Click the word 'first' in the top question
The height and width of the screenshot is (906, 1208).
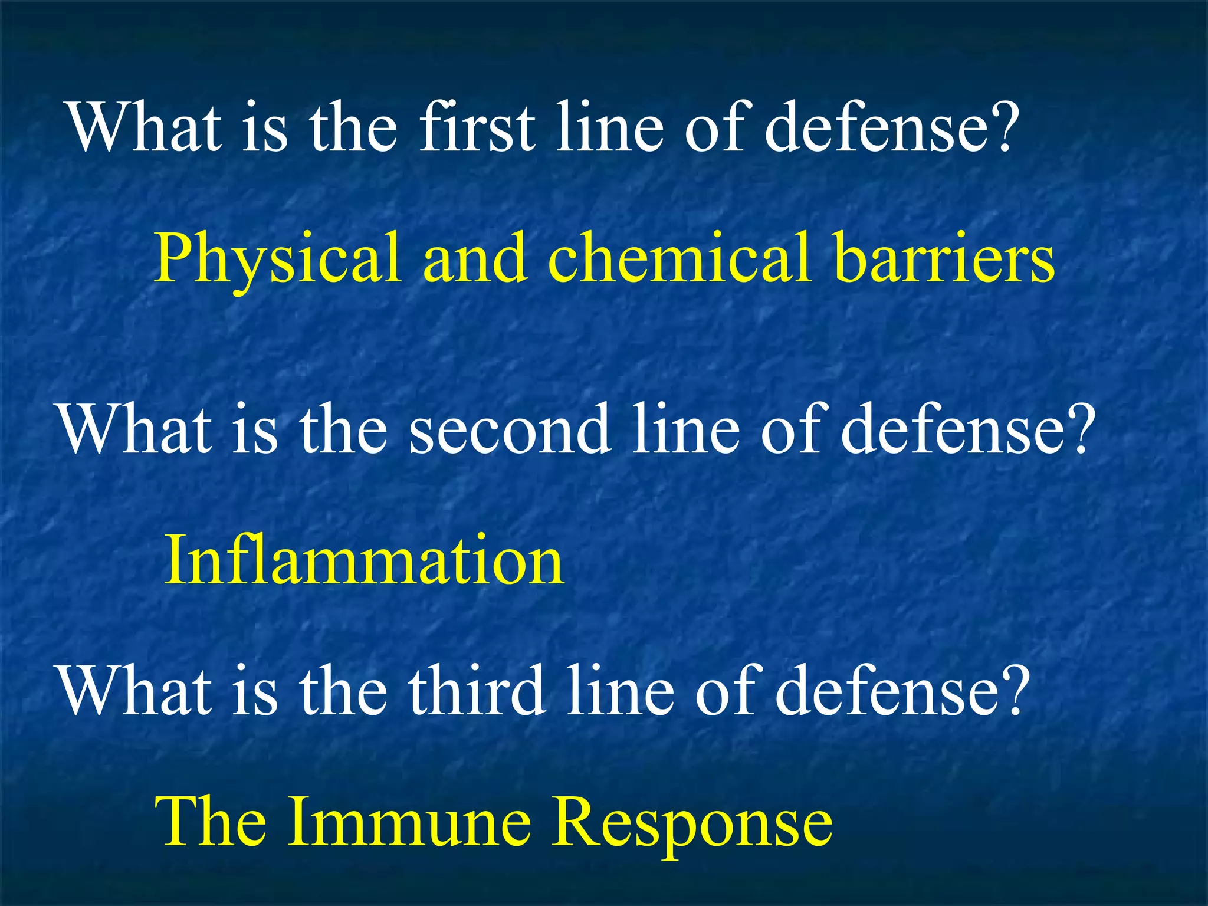[477, 127]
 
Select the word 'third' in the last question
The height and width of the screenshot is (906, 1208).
[477, 690]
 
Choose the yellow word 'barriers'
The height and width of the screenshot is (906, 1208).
[944, 258]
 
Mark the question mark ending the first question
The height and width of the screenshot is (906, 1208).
[1003, 127]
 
